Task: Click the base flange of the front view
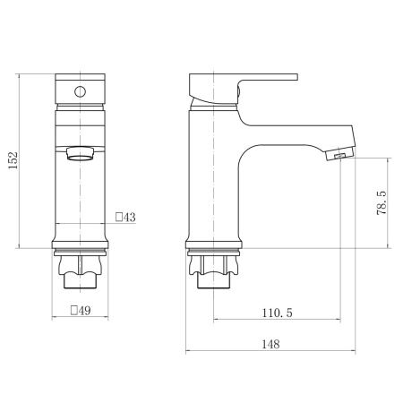pyautogui.click(x=81, y=244)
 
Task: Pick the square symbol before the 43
pyautogui.click(x=119, y=218)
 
